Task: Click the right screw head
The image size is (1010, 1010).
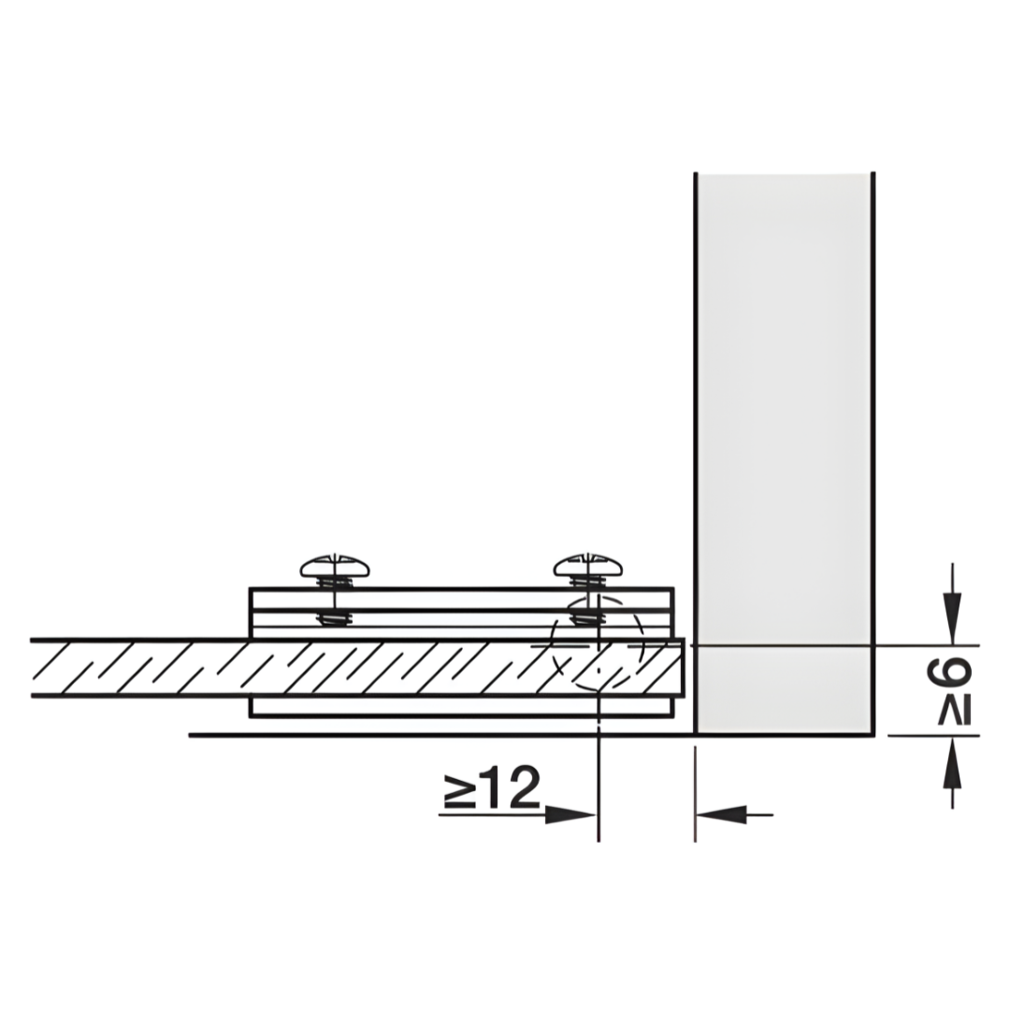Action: click(x=588, y=565)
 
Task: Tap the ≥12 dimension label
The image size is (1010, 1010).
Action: click(x=492, y=787)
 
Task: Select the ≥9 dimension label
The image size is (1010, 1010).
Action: click(x=949, y=690)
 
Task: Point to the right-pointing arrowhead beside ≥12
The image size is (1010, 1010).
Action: click(x=570, y=815)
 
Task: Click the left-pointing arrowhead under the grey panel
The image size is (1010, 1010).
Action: click(x=721, y=815)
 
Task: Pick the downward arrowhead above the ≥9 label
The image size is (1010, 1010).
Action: click(x=953, y=618)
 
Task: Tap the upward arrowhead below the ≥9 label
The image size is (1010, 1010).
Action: click(x=953, y=763)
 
